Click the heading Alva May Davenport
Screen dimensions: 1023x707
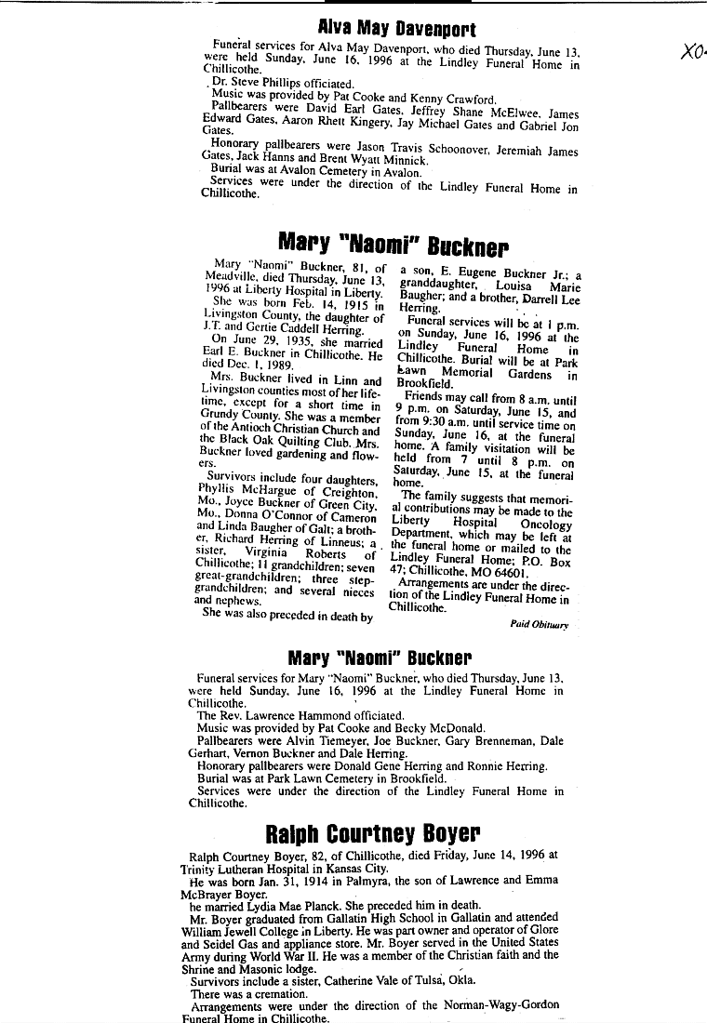397,29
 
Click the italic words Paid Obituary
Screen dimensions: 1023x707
539,625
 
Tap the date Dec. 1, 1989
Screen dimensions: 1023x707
246,365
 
